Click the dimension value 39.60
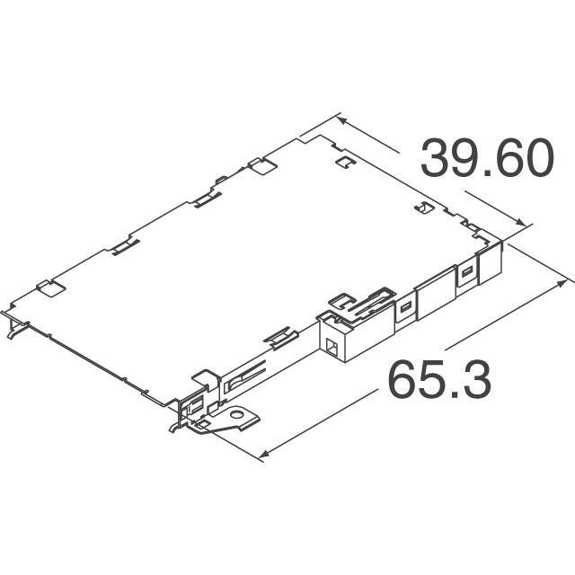click(486, 161)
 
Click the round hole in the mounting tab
click(240, 417)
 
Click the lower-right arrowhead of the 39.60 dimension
click(522, 224)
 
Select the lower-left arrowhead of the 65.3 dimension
click(261, 457)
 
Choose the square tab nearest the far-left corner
click(49, 289)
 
